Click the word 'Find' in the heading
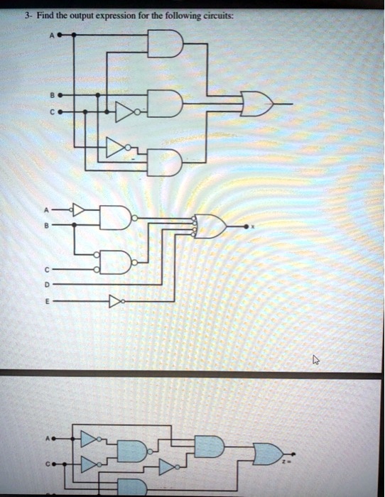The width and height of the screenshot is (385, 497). pyautogui.click(x=45, y=16)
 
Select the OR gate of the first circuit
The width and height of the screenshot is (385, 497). pyautogui.click(x=257, y=104)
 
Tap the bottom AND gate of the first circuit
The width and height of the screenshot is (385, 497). pyautogui.click(x=165, y=162)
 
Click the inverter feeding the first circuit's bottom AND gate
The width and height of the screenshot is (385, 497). pyautogui.click(x=119, y=148)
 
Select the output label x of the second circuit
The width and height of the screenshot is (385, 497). pyautogui.click(x=253, y=227)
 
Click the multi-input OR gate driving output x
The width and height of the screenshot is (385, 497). pyautogui.click(x=210, y=226)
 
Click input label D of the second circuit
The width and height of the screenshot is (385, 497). pyautogui.click(x=46, y=285)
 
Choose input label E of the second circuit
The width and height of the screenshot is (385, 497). pyautogui.click(x=46, y=302)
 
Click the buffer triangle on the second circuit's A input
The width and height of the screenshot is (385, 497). pyautogui.click(x=78, y=210)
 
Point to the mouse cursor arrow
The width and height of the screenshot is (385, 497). pyautogui.click(x=316, y=359)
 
